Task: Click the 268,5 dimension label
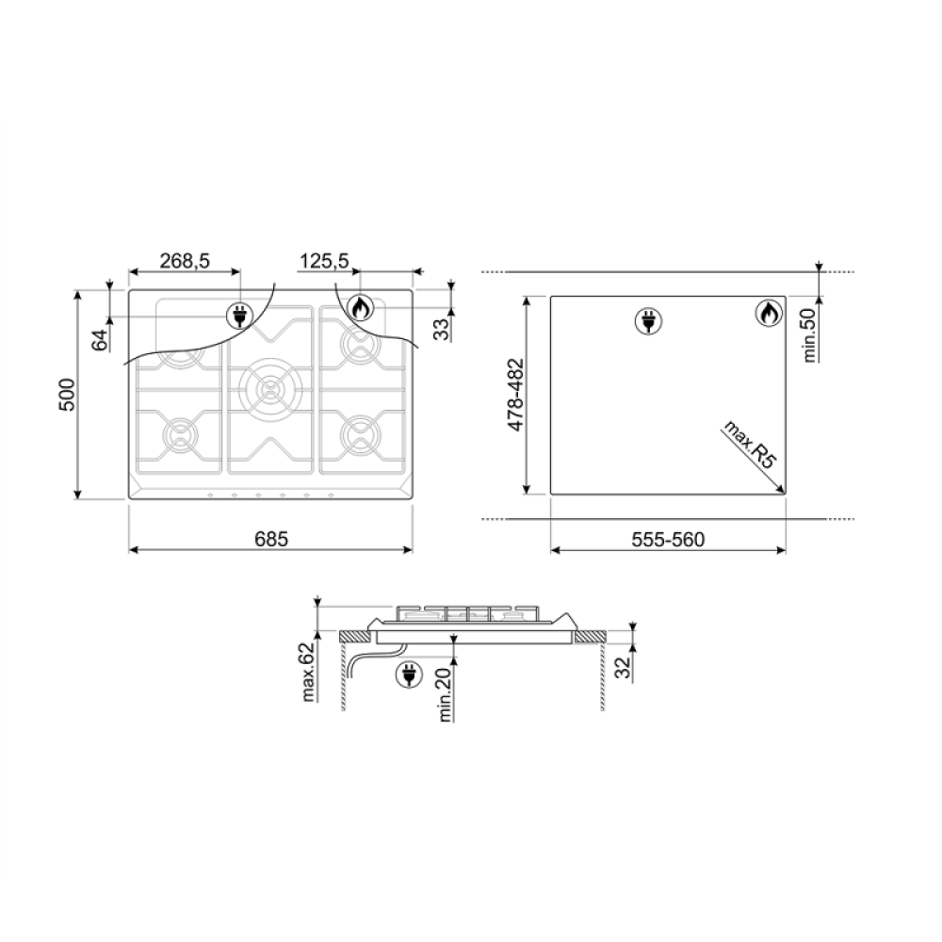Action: tap(185, 261)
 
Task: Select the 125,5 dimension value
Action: tap(324, 261)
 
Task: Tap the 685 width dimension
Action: tap(271, 539)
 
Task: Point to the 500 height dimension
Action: tap(67, 394)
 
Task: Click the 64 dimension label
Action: tap(101, 339)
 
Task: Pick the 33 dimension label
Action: tap(443, 329)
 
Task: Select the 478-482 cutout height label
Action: tap(516, 395)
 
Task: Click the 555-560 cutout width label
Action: tap(668, 540)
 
